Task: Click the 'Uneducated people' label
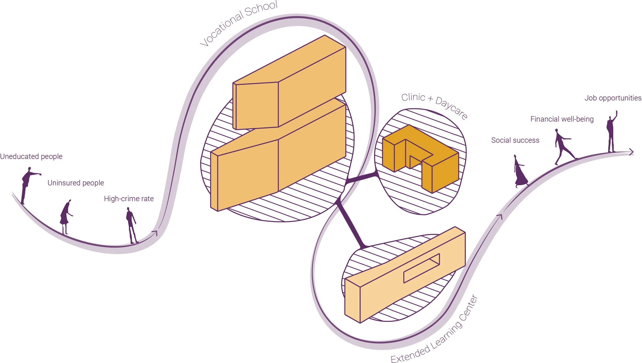tap(31, 156)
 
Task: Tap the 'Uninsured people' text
tap(76, 183)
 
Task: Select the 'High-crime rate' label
tap(129, 199)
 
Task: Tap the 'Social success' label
tap(515, 140)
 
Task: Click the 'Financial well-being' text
tap(562, 119)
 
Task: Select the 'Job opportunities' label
tap(613, 98)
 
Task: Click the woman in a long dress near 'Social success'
tap(520, 172)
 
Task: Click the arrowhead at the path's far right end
tap(631, 152)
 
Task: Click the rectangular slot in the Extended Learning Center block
tap(421, 268)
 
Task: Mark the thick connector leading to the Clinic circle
tap(362, 178)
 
